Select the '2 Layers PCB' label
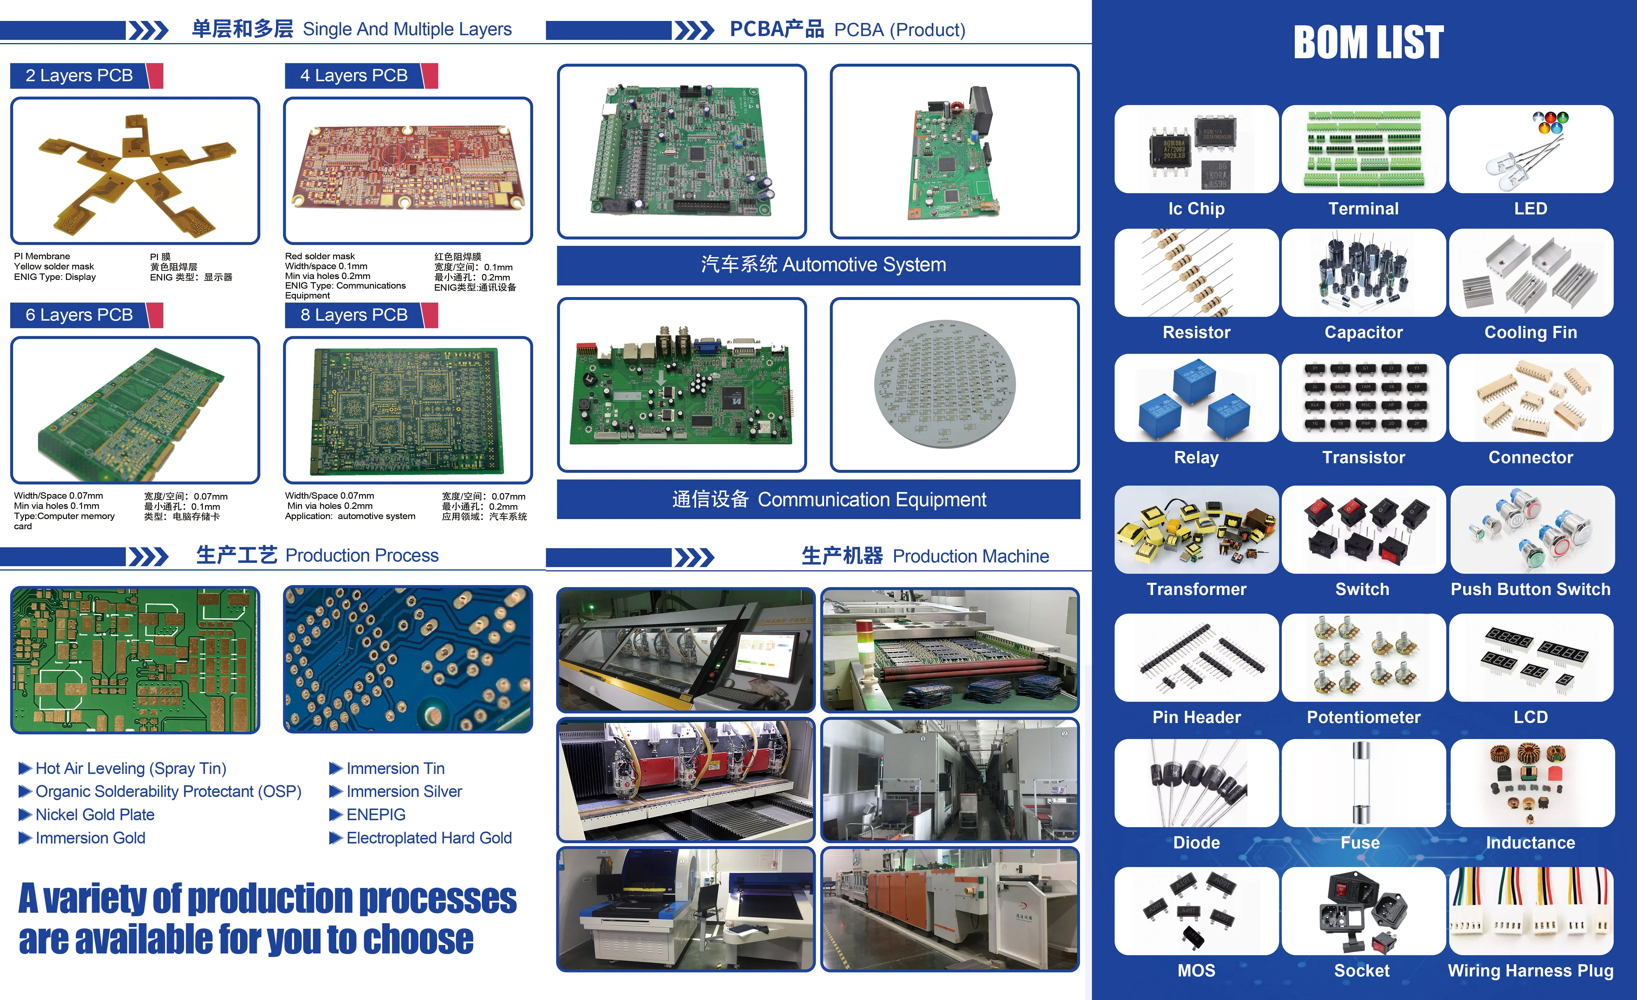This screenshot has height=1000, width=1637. coord(79,76)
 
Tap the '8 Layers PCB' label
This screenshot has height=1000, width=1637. coord(353,315)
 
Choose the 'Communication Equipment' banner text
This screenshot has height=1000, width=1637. coord(829,499)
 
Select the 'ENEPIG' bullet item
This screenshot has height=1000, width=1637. coord(376,815)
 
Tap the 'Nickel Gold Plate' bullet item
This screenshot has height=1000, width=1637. coord(95,815)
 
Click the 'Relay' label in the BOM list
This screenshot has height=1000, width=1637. coord(1196,457)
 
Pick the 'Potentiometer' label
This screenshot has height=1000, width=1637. coord(1363,717)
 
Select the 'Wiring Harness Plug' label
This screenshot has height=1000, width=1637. coord(1531,971)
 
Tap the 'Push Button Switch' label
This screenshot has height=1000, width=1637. coord(1531,590)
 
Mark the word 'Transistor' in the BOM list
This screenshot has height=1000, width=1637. coord(1363,457)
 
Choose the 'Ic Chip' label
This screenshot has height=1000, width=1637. coord(1196,209)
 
